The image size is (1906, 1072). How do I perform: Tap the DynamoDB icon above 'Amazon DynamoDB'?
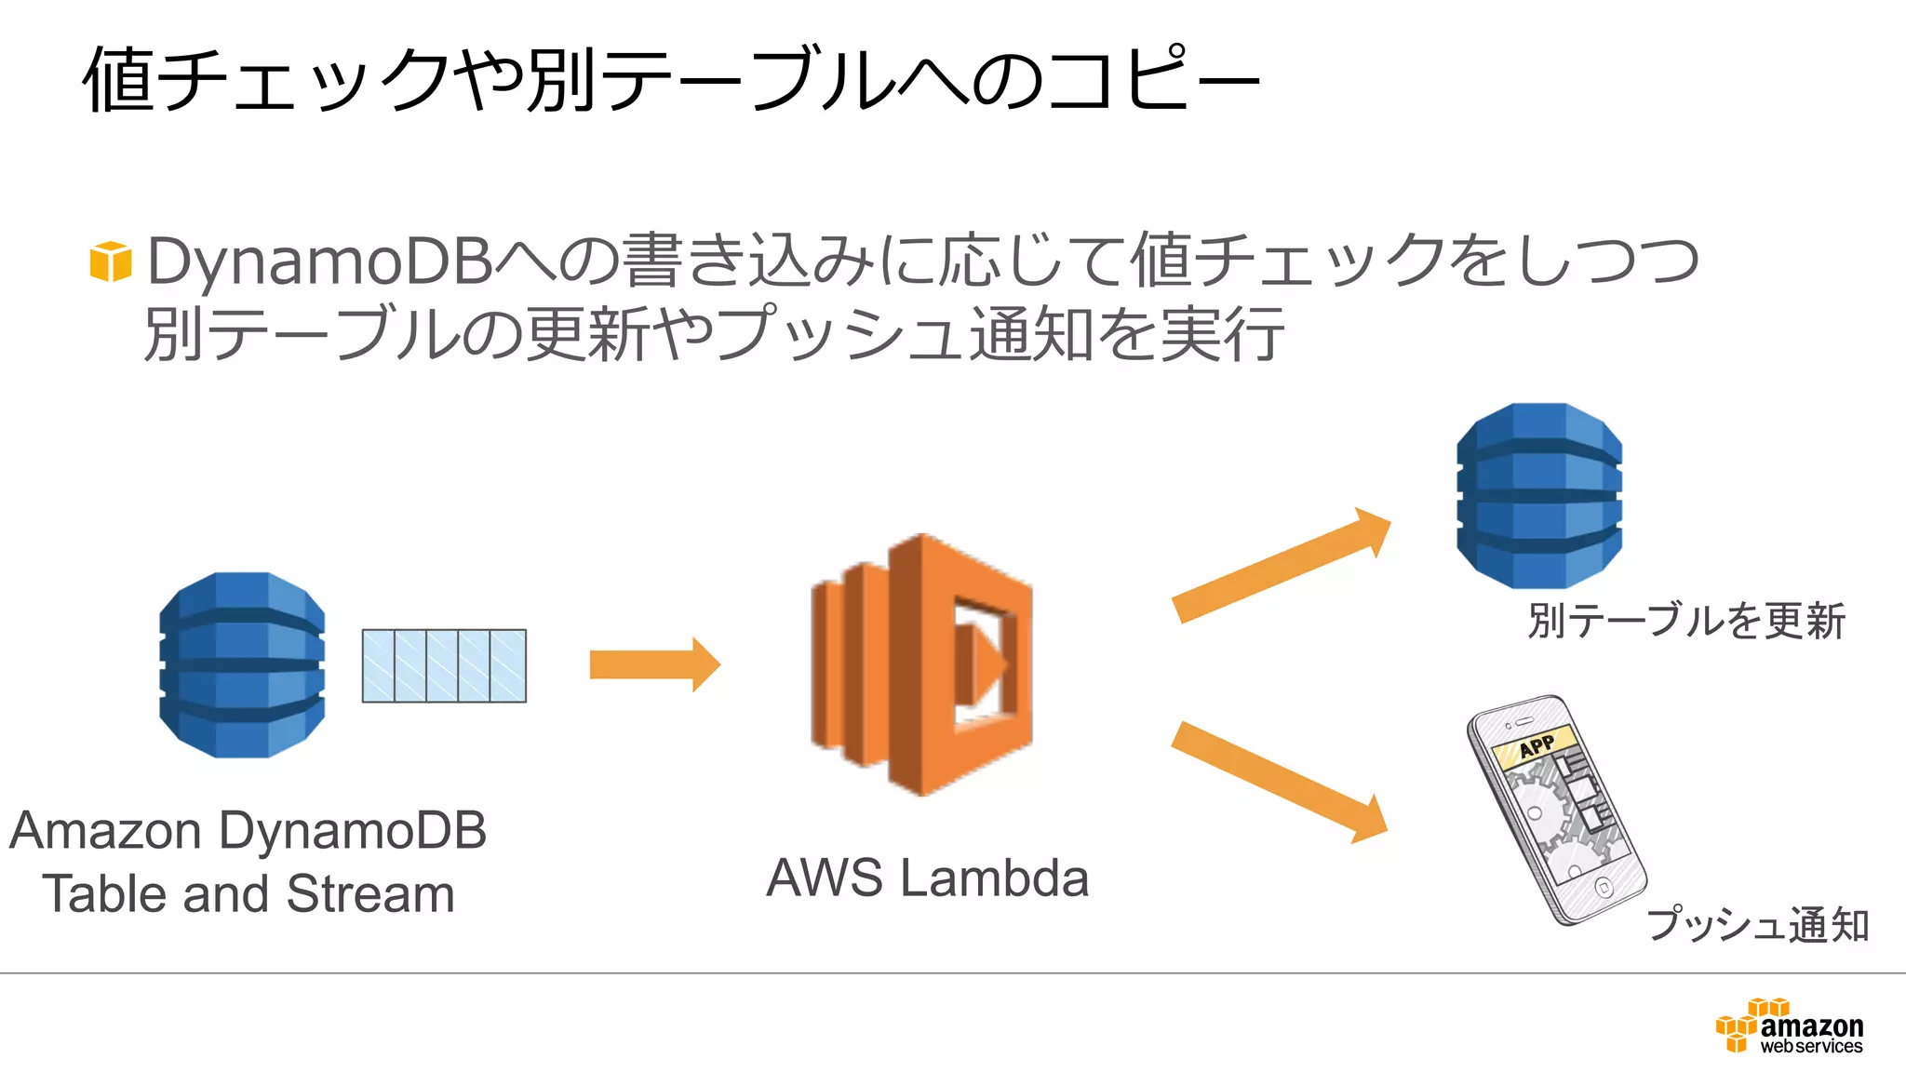[x=242, y=664]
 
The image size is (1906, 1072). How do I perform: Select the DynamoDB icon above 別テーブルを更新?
[x=1539, y=495]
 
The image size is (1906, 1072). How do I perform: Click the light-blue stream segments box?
[x=444, y=665]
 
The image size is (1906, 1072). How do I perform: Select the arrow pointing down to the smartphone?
[x=1280, y=782]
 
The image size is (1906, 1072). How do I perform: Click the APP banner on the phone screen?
[x=1536, y=745]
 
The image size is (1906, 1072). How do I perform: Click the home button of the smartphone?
[x=1604, y=887]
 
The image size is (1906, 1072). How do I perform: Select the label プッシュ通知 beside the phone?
[x=1758, y=924]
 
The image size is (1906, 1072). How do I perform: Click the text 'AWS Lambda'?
[x=927, y=878]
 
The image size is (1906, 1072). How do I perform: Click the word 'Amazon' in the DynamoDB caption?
[x=105, y=830]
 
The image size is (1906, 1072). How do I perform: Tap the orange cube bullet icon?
[x=110, y=261]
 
